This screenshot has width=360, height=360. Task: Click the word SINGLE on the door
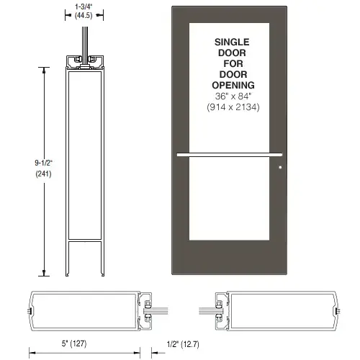[x=232, y=42]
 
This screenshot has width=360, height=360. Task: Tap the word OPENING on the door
[x=233, y=85]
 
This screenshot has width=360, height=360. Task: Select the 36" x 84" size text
[x=233, y=96]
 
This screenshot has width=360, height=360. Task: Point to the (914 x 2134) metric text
[x=233, y=107]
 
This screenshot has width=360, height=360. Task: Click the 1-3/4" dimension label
[x=84, y=6]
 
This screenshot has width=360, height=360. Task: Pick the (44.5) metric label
[x=84, y=16]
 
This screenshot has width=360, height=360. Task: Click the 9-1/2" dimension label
[x=43, y=163]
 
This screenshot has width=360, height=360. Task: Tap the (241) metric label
[x=43, y=174]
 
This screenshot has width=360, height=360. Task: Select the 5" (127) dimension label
[x=74, y=343]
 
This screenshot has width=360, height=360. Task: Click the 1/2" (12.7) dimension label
[x=183, y=344]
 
